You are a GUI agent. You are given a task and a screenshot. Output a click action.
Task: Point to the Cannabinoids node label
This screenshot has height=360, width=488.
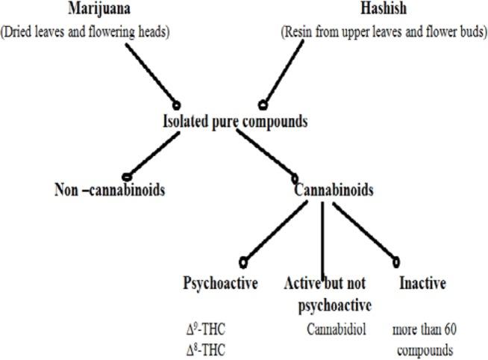point(334,190)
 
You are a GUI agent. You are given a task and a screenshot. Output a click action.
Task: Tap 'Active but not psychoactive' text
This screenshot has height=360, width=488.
point(329,294)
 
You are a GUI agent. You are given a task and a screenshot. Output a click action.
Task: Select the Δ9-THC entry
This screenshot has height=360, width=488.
point(206,329)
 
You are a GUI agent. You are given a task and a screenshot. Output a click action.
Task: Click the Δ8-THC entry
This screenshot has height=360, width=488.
point(206,349)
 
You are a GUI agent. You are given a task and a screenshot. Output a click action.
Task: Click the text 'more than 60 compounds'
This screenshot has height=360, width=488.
point(423,339)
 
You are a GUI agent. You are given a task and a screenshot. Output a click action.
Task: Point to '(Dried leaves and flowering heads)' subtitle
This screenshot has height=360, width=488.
point(89,34)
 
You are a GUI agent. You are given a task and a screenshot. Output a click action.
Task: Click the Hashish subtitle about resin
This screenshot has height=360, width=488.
point(384,34)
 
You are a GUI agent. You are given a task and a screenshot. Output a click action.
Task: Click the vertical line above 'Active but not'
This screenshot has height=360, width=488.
point(322,239)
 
